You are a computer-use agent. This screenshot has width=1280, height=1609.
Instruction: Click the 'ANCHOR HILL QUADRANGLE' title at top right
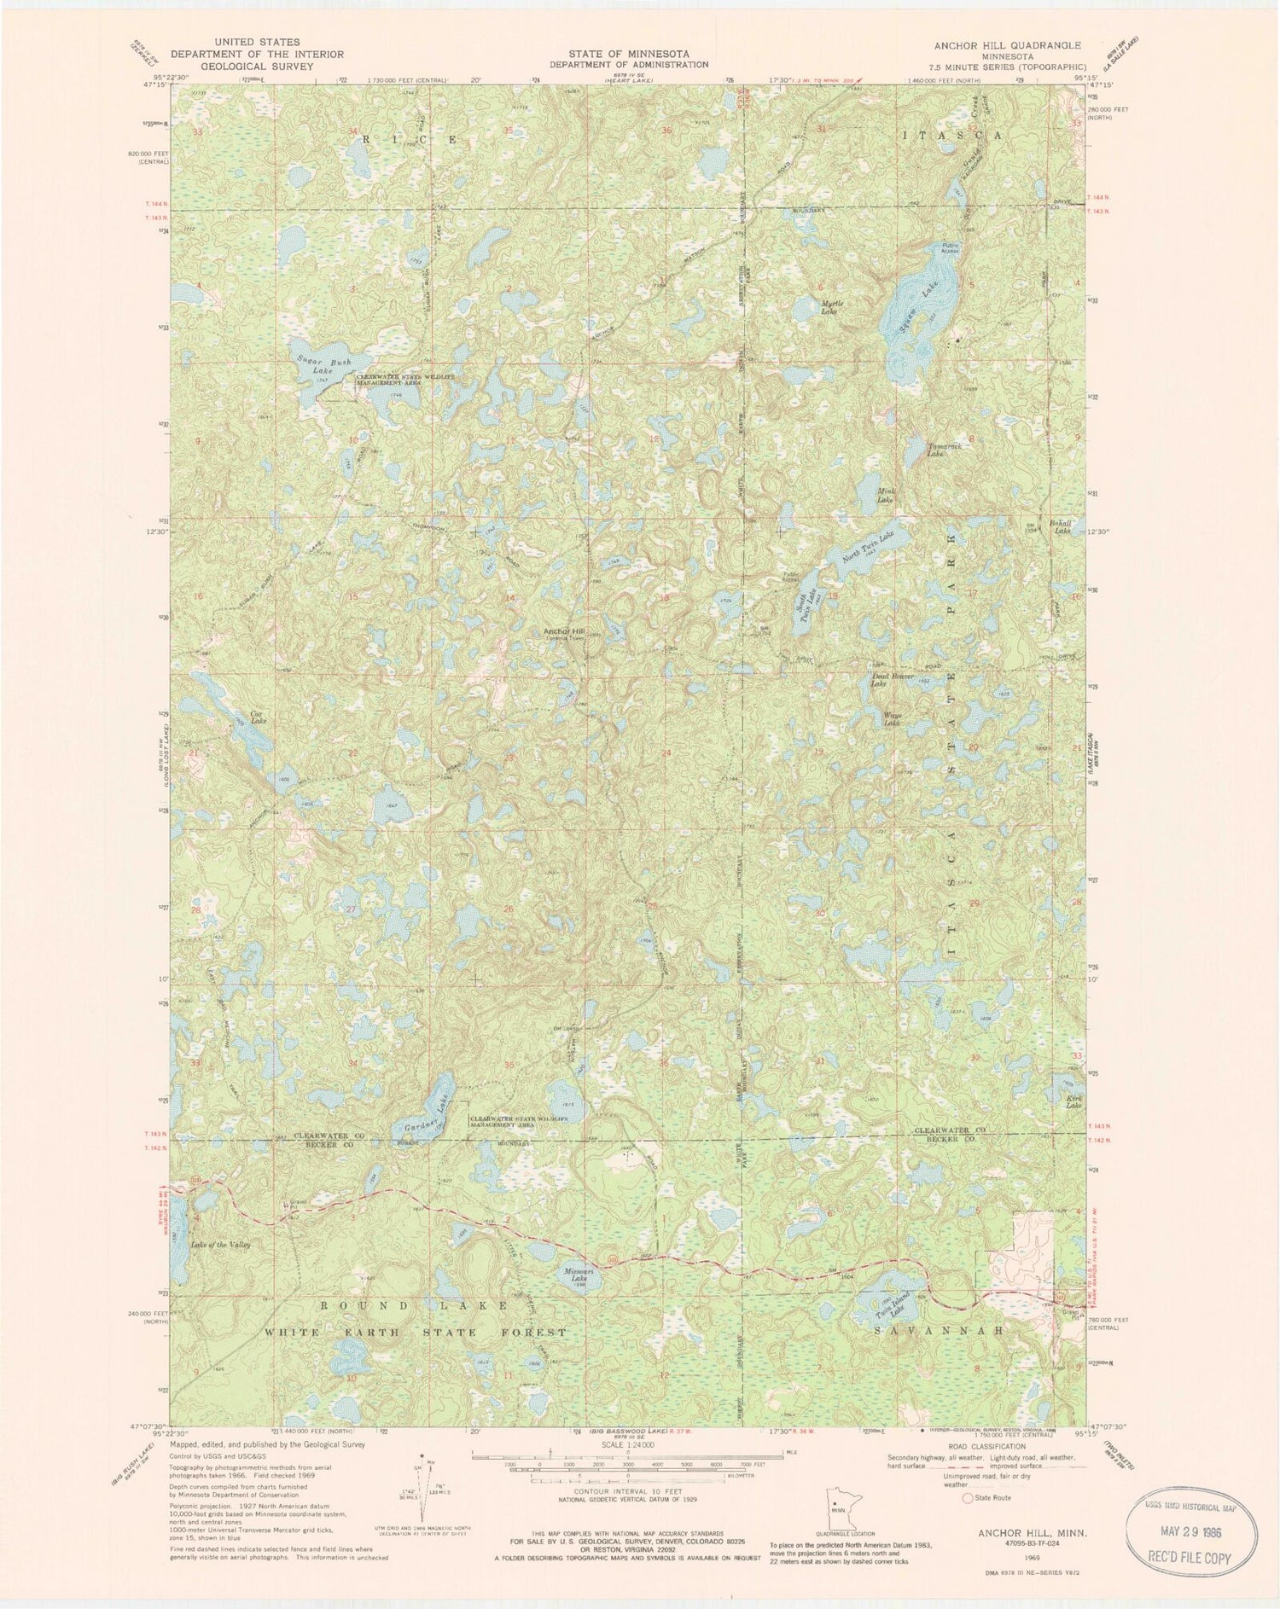pyautogui.click(x=1004, y=45)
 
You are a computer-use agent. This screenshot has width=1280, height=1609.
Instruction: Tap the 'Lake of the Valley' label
pyautogui.click(x=221, y=1245)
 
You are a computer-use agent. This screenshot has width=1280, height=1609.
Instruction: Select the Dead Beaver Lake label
pyautogui.click(x=892, y=680)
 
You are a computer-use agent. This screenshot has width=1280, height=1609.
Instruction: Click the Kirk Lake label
pyautogui.click(x=1073, y=1101)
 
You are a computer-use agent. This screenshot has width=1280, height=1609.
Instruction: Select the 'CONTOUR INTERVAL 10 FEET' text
pyautogui.click(x=627, y=1493)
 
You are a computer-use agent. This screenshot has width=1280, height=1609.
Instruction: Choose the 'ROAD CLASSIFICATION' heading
pyautogui.click(x=986, y=1447)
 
